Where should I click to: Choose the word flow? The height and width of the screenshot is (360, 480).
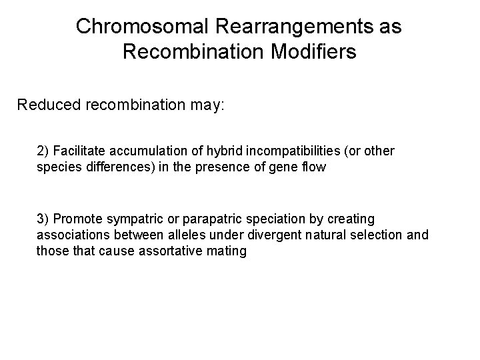pos(313,167)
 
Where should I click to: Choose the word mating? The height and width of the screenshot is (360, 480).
pos(226,251)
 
